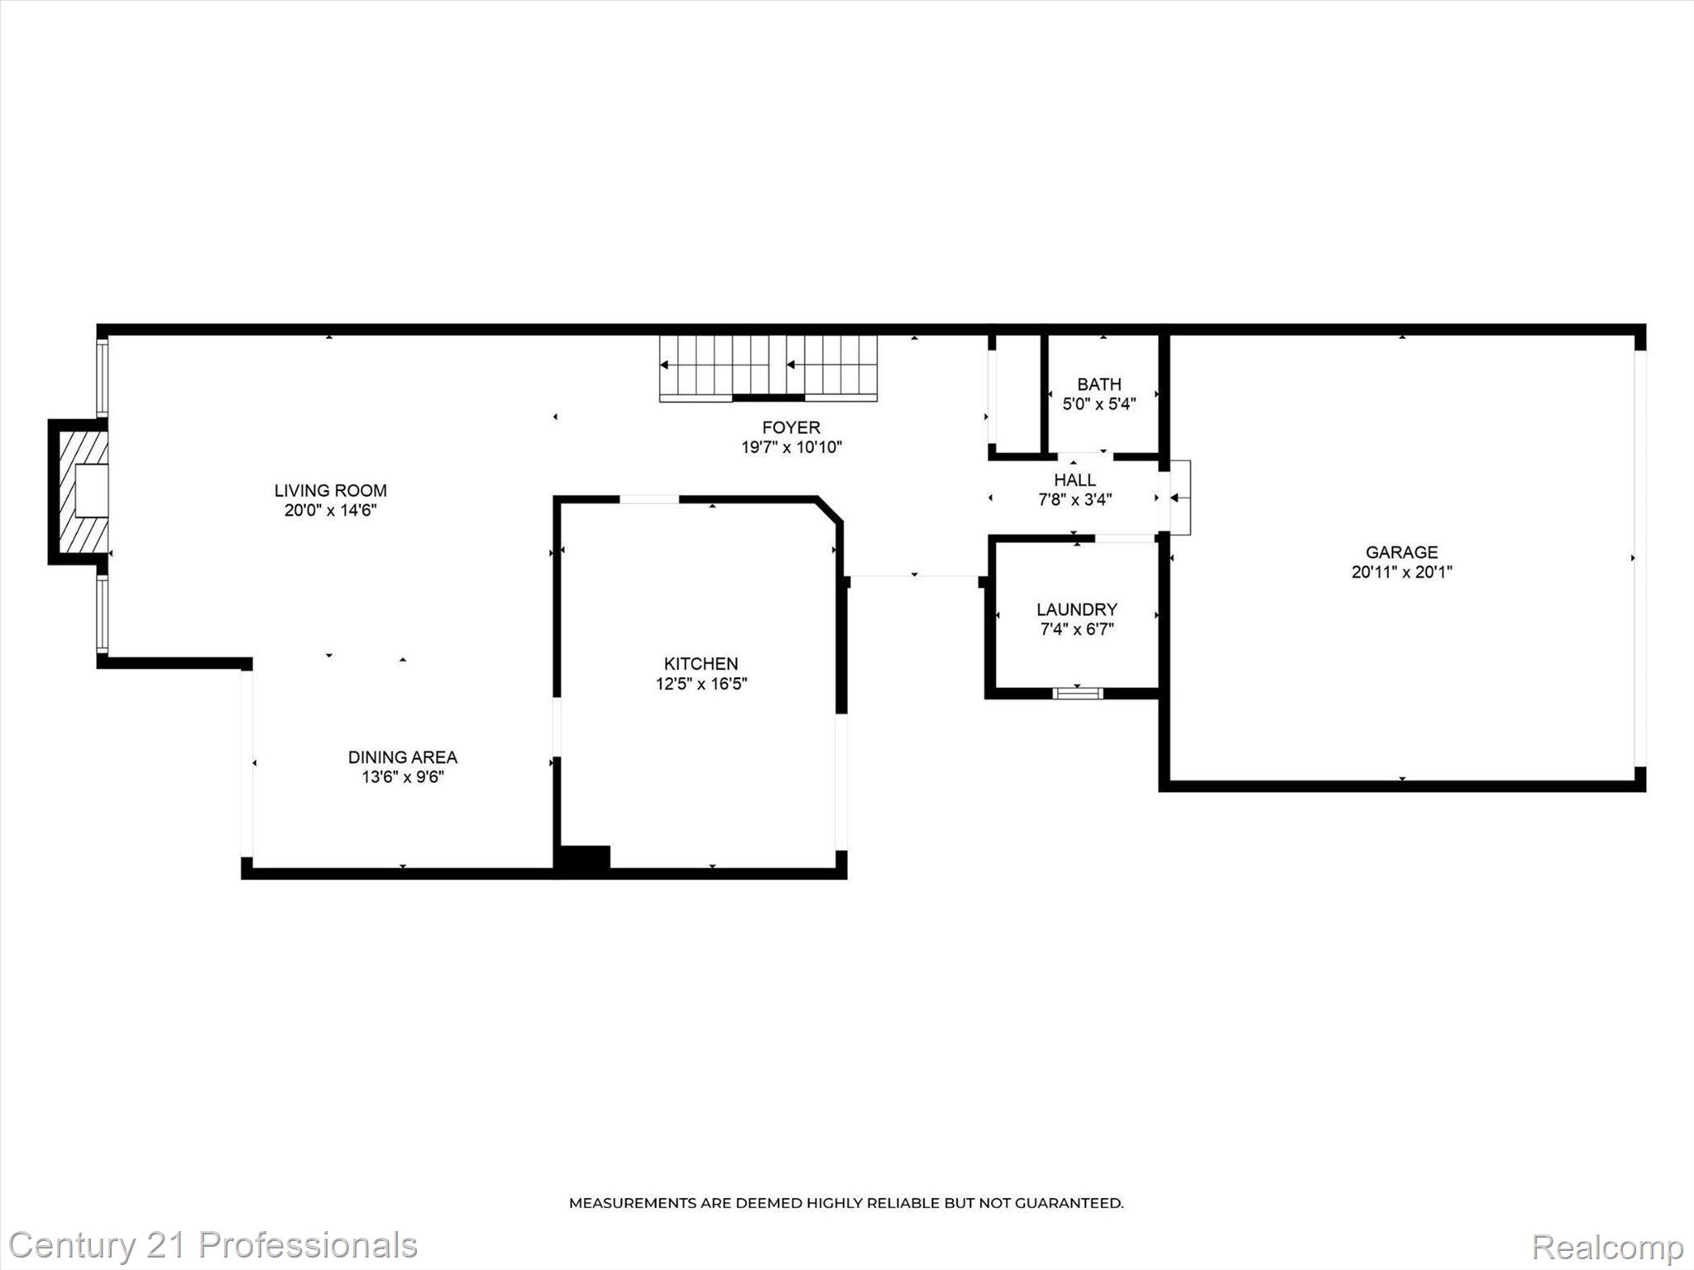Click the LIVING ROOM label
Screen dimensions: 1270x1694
point(330,490)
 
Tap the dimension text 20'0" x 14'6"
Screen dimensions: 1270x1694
point(330,511)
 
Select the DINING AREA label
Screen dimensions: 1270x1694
point(402,757)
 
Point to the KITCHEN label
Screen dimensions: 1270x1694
point(701,663)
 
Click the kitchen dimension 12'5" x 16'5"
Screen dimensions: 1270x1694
point(701,684)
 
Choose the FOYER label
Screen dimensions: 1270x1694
point(791,427)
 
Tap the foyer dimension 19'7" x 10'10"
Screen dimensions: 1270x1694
point(791,448)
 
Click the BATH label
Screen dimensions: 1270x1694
point(1098,384)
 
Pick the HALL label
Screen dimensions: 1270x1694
point(1074,480)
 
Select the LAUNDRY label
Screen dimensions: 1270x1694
point(1076,609)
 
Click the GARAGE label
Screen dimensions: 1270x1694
point(1401,551)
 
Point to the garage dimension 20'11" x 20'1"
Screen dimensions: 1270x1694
point(1401,572)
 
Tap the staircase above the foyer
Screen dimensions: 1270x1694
point(768,367)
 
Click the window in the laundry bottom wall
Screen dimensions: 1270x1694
point(1077,693)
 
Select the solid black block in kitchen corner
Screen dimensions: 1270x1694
point(584,857)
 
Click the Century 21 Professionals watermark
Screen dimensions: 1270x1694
point(212,1245)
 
